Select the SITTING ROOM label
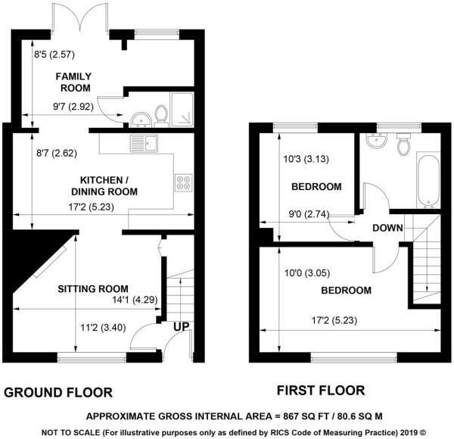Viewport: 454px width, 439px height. pyautogui.click(x=93, y=288)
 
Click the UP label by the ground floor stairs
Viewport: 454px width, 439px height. pyautogui.click(x=182, y=325)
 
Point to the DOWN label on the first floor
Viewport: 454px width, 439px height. pyautogui.click(x=387, y=229)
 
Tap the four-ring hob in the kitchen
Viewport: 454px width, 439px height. pyautogui.click(x=183, y=182)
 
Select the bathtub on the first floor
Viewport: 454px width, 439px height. pyautogui.click(x=425, y=180)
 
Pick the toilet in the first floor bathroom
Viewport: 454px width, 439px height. pyautogui.click(x=404, y=144)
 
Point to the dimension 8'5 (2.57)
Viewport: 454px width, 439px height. pyautogui.click(x=55, y=54)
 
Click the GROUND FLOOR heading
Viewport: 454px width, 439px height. pyautogui.click(x=58, y=392)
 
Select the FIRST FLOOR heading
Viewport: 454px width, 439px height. pyautogui.click(x=320, y=391)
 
